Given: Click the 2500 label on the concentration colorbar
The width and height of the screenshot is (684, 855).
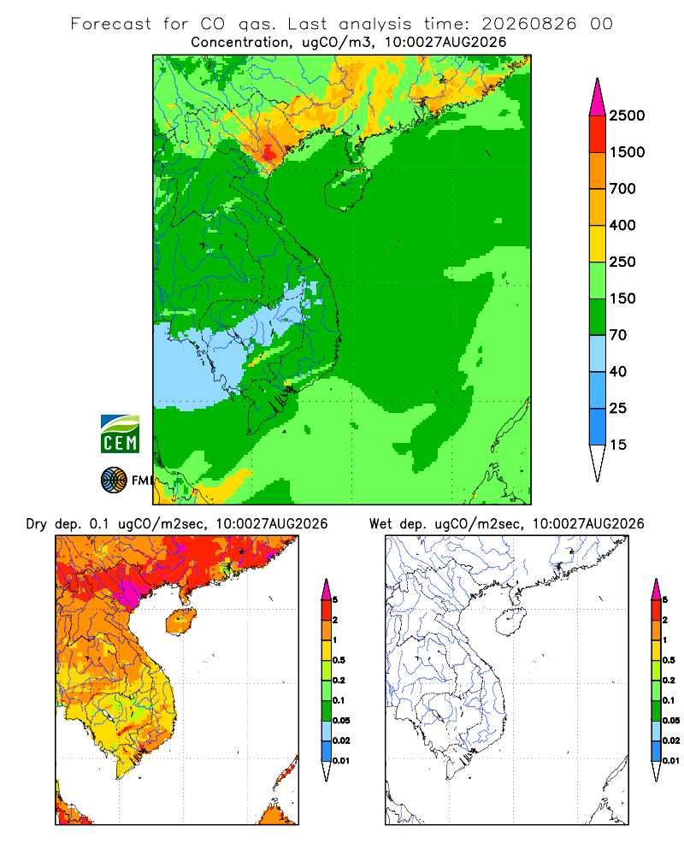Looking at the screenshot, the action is tap(627, 115).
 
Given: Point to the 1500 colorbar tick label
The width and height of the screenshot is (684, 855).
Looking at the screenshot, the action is tap(627, 152).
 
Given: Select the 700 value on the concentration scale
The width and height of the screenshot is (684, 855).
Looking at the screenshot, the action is tap(622, 189).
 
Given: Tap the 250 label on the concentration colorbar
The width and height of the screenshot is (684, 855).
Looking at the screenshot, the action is tap(622, 262).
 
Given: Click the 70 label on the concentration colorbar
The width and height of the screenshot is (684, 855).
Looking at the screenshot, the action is tap(618, 335).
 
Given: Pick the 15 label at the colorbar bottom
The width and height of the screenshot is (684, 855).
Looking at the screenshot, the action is tap(618, 445).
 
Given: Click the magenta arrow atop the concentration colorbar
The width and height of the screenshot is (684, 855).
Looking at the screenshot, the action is tap(598, 97).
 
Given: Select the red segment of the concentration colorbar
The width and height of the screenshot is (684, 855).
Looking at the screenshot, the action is tap(598, 134).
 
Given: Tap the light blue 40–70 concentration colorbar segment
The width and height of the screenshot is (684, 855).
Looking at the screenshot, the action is tap(598, 353).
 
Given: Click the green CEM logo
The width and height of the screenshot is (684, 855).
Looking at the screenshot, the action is tap(120, 434).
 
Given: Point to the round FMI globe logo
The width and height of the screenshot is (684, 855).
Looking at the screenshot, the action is tap(114, 481).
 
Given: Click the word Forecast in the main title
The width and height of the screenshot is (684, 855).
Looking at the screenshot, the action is tap(111, 24).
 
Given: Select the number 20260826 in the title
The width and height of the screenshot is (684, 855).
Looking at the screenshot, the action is tap(528, 24).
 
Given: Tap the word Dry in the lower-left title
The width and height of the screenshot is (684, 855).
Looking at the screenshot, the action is tap(37, 524).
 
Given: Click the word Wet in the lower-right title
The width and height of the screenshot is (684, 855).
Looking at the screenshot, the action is tap(380, 524).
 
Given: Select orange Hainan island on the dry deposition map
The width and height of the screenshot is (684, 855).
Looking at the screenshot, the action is tap(180, 622).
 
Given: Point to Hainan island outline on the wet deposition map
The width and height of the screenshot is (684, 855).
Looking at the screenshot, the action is tap(510, 622).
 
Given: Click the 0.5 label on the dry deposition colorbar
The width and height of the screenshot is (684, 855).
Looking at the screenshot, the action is tap(339, 660).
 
